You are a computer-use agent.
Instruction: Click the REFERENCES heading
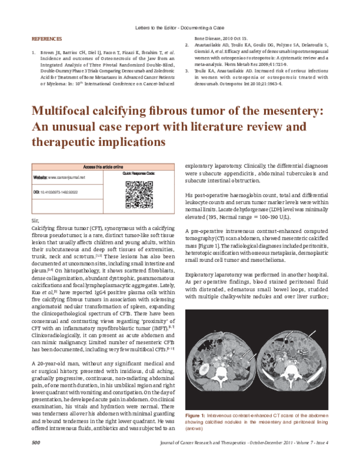click(46, 39)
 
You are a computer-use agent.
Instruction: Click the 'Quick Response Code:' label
click(142, 173)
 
